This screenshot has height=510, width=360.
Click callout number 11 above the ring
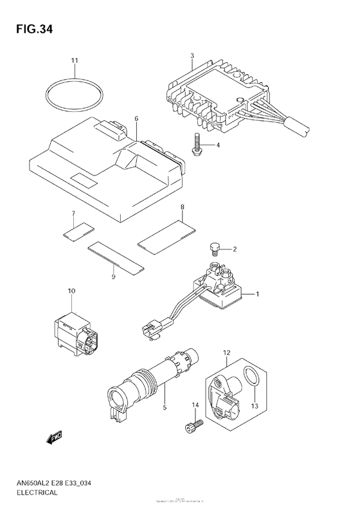tap(74, 60)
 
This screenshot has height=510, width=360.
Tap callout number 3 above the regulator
tap(192, 57)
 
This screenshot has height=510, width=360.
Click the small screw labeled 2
tap(217, 247)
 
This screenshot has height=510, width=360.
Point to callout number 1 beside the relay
tap(257, 294)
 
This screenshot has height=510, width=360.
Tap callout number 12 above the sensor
tap(226, 353)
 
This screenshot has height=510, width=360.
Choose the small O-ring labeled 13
tap(254, 383)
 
